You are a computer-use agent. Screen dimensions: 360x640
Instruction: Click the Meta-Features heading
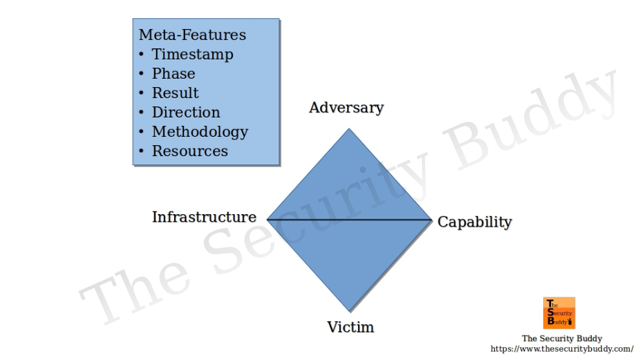[192, 35]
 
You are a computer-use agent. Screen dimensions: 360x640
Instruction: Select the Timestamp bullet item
[192, 54]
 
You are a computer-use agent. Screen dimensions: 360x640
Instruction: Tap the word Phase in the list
[173, 74]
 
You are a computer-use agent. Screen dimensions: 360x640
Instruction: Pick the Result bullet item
[175, 93]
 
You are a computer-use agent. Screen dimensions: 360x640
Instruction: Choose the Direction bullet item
[186, 112]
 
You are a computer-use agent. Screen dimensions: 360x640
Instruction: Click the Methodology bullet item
[199, 132]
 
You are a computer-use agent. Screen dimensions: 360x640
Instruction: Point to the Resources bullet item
[190, 151]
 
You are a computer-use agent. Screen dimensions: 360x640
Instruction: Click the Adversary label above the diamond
[346, 107]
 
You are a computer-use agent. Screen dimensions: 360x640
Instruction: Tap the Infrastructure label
[204, 217]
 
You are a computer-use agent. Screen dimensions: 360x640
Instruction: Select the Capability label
[474, 222]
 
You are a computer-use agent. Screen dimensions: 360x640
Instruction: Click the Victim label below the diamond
[350, 326]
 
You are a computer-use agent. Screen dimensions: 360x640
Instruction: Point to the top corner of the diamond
[349, 129]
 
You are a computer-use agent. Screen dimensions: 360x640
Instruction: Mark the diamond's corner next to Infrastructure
[268, 219]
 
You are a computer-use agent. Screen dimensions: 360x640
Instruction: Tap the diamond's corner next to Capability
[431, 220]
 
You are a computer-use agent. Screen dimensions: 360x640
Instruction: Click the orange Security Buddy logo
[559, 312]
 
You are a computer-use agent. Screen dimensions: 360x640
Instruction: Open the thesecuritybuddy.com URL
[561, 348]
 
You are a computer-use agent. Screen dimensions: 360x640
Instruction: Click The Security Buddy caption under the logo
[561, 338]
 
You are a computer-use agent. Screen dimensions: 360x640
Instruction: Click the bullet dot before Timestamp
[142, 55]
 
